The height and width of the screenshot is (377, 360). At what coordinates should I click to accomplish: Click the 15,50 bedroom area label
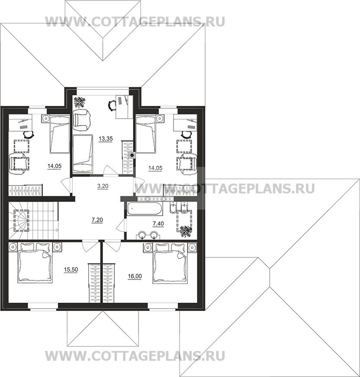(x=71, y=270)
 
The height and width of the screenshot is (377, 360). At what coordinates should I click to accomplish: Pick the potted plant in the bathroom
(x=186, y=231)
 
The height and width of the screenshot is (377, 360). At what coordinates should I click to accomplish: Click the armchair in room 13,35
(x=82, y=119)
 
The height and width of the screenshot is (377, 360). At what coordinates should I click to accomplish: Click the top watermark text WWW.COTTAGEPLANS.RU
(x=135, y=22)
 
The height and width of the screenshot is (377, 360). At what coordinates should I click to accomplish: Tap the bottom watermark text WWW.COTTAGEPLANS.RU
(x=135, y=356)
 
